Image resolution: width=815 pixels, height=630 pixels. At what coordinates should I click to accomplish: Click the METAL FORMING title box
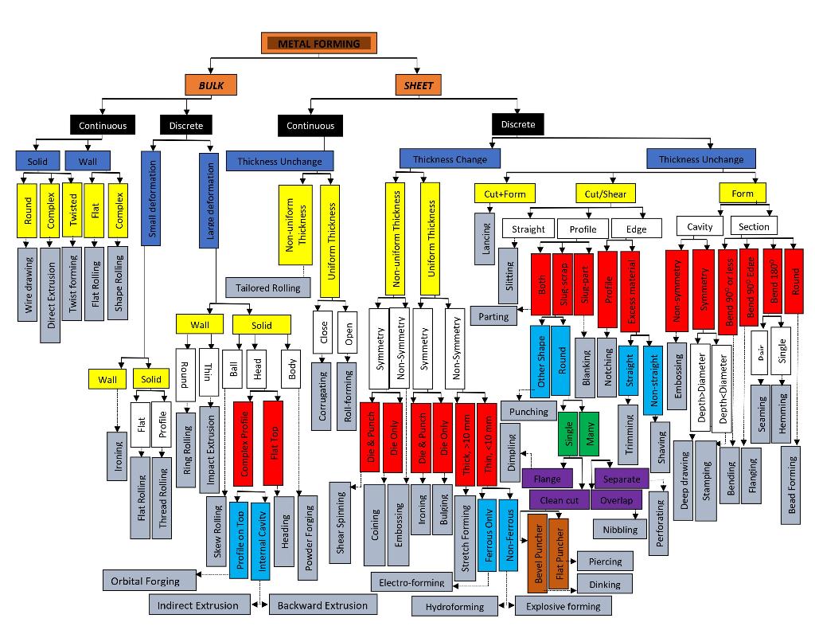[318, 43]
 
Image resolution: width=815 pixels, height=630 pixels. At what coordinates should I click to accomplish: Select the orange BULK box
[211, 84]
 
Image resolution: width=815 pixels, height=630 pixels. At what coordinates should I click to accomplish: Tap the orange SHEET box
[418, 84]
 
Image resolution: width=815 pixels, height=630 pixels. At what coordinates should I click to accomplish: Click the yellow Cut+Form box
[505, 194]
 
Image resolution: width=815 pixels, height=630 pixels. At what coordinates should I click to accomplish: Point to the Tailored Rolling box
[267, 288]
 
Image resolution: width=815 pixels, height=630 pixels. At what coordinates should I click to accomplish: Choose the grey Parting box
[493, 316]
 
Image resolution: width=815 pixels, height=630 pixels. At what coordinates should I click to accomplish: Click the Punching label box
[528, 412]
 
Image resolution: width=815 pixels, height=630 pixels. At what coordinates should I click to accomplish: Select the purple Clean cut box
[559, 500]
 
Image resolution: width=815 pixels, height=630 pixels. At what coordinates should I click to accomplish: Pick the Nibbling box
[620, 529]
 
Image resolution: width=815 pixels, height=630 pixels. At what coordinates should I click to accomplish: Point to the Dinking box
[604, 585]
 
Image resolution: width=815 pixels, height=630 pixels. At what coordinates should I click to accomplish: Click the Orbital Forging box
[145, 581]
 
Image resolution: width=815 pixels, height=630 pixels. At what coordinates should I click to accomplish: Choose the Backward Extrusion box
[322, 605]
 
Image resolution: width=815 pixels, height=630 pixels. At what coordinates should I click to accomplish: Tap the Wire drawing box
[28, 284]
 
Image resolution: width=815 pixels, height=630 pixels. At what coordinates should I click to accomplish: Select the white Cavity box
[700, 227]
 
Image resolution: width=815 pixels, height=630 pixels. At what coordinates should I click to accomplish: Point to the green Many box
[590, 432]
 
